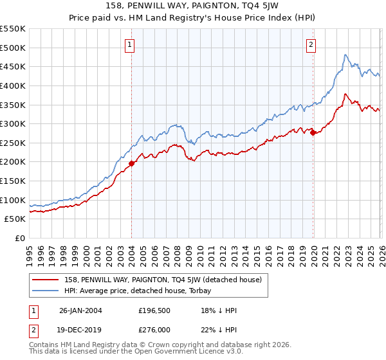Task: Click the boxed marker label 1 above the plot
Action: [131, 44]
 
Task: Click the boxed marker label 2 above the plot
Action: [311, 44]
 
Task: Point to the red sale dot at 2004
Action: [131, 163]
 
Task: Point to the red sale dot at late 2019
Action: [313, 133]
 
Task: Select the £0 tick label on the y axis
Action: [21, 239]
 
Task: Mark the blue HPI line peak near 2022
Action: [345, 55]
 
